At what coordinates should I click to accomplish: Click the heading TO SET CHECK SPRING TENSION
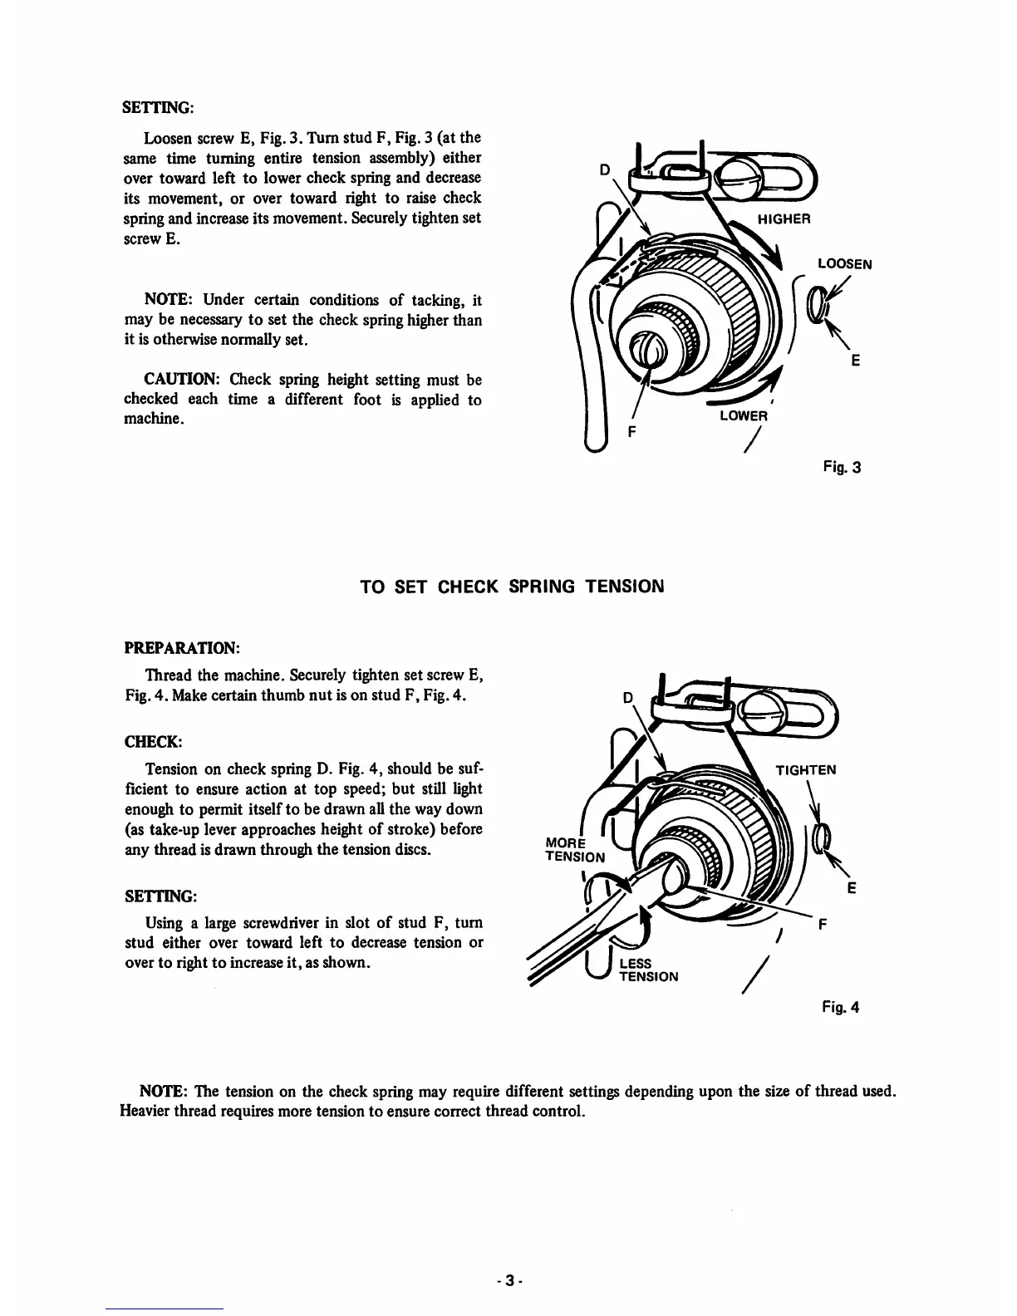511,587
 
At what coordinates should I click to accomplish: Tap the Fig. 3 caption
843,467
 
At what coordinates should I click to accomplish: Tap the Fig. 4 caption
841,1007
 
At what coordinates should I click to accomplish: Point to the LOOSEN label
844,264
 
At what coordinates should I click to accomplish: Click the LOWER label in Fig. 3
743,415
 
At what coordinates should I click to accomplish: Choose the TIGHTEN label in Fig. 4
805,769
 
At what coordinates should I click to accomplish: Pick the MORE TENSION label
574,850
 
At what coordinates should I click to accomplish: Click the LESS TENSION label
649,970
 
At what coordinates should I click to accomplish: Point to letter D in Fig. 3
605,169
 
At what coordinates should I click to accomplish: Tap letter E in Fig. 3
855,360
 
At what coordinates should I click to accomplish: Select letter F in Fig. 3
630,432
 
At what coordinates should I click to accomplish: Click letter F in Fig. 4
823,923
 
